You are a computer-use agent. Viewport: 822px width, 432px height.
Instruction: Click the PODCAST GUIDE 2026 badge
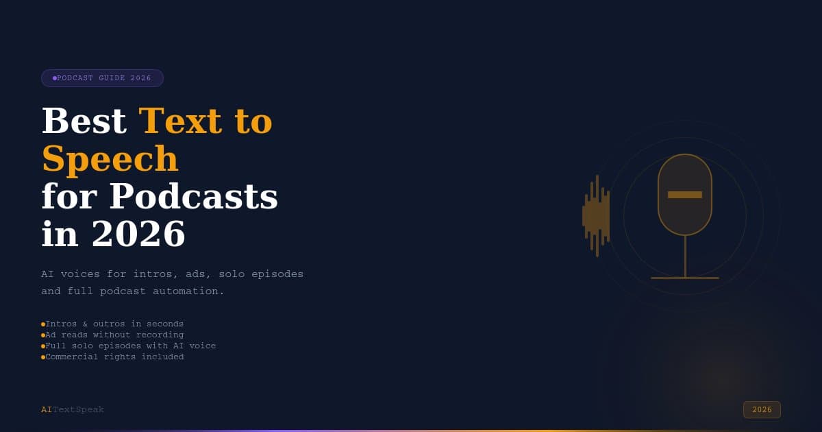[102, 78]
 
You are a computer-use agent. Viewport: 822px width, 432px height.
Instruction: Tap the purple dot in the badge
[55, 78]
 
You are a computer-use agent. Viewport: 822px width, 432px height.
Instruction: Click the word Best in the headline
[84, 121]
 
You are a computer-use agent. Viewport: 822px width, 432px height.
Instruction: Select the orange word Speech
[110, 159]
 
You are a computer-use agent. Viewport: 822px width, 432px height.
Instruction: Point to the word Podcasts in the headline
[193, 196]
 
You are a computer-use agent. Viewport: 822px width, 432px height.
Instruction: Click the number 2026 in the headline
[138, 234]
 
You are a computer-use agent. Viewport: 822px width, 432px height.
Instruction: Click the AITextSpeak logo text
[73, 409]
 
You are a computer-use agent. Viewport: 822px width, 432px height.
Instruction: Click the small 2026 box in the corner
[762, 409]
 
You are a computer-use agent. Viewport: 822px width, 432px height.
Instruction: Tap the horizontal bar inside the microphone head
[685, 195]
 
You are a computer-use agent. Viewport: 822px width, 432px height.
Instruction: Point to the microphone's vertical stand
[685, 256]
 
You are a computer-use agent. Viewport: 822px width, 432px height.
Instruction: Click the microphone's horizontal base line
[685, 278]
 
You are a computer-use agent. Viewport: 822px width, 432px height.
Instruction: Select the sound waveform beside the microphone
[596, 215]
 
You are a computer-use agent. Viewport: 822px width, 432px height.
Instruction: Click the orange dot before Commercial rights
[43, 357]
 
